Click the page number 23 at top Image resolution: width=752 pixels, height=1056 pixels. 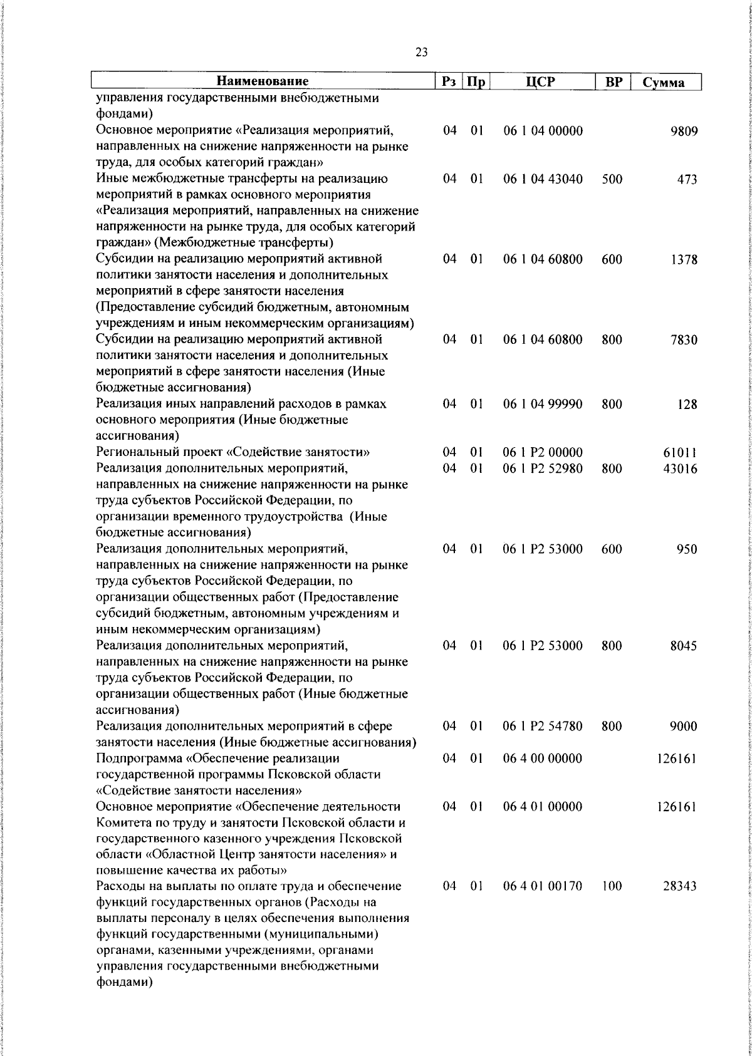[421, 53]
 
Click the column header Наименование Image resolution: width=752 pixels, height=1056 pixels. [263, 81]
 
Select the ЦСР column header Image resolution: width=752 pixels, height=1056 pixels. [542, 81]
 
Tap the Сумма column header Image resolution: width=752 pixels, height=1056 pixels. [664, 83]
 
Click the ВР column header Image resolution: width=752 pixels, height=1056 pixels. [612, 81]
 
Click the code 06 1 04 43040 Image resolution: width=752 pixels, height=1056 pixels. [543, 179]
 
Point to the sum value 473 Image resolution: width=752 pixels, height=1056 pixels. [687, 180]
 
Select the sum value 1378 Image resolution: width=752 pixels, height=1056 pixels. [684, 260]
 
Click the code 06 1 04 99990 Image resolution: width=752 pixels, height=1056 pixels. [543, 404]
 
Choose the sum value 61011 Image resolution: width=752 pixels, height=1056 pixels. [681, 453]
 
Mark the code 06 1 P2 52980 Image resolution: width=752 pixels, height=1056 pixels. [543, 468]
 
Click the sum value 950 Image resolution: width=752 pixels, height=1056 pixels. [687, 549]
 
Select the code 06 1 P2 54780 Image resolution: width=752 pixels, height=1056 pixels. [543, 726]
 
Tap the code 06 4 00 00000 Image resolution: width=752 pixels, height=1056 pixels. [543, 758]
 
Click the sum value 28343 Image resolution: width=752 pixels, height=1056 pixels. [681, 886]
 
